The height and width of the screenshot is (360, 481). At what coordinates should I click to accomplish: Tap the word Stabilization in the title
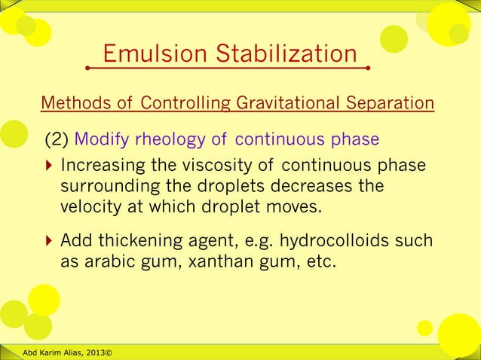(x=286, y=54)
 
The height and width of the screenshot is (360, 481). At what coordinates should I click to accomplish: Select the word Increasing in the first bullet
(x=102, y=166)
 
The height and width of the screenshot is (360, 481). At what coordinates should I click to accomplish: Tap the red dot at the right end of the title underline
(x=367, y=68)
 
